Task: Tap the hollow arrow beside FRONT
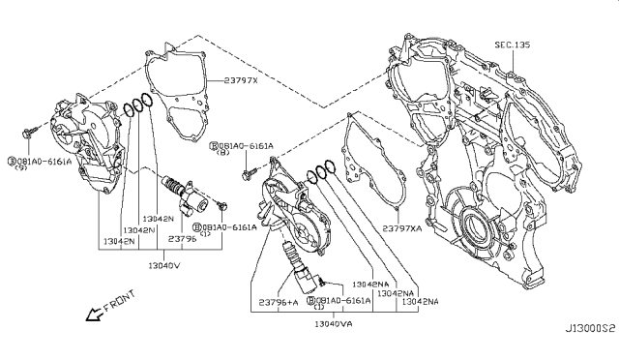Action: click(91, 315)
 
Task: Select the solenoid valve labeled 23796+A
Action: click(295, 266)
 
